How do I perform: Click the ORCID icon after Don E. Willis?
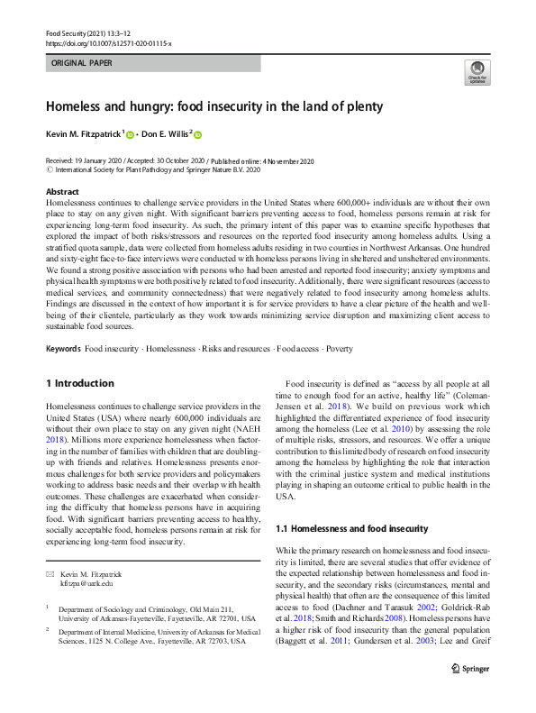[x=198, y=135]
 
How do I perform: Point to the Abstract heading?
[x=62, y=192]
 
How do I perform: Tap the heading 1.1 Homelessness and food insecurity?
[x=350, y=529]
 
